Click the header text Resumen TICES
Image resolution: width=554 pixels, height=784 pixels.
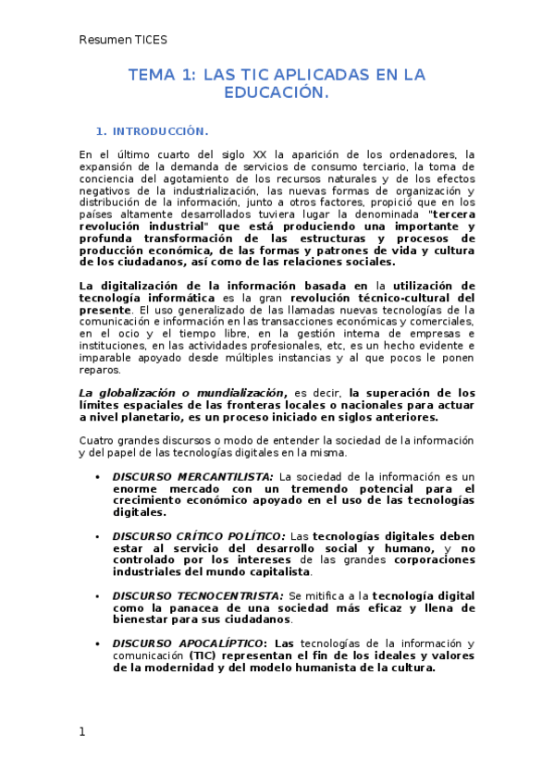tap(122, 40)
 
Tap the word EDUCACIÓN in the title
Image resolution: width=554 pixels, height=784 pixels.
tap(277, 92)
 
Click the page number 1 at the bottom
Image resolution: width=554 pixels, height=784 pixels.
tap(82, 731)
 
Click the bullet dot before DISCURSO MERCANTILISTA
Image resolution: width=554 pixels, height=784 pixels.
tap(98, 477)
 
